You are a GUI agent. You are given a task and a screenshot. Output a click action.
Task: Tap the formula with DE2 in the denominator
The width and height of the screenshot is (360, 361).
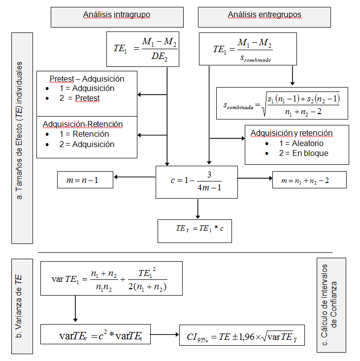(x=142, y=49)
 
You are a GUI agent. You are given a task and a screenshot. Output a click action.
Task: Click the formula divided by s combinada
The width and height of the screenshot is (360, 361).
(x=248, y=49)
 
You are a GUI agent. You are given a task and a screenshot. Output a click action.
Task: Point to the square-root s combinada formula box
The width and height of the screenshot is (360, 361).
(x=282, y=103)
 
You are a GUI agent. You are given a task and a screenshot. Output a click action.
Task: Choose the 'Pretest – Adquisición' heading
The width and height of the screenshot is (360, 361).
(x=87, y=79)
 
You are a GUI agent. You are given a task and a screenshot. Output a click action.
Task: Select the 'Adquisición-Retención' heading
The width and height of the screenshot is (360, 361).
(x=83, y=124)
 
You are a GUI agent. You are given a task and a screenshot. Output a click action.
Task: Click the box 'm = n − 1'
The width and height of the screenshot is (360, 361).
(x=85, y=180)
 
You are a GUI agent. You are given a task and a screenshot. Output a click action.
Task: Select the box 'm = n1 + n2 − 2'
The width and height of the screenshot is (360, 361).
(x=309, y=180)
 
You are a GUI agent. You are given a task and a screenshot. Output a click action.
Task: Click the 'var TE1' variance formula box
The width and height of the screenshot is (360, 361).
(x=111, y=278)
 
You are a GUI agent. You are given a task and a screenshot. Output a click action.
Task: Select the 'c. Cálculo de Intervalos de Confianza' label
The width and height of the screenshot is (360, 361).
(x=331, y=305)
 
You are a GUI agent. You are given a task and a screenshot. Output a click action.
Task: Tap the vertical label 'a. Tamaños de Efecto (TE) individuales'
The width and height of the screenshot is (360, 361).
(x=22, y=138)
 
